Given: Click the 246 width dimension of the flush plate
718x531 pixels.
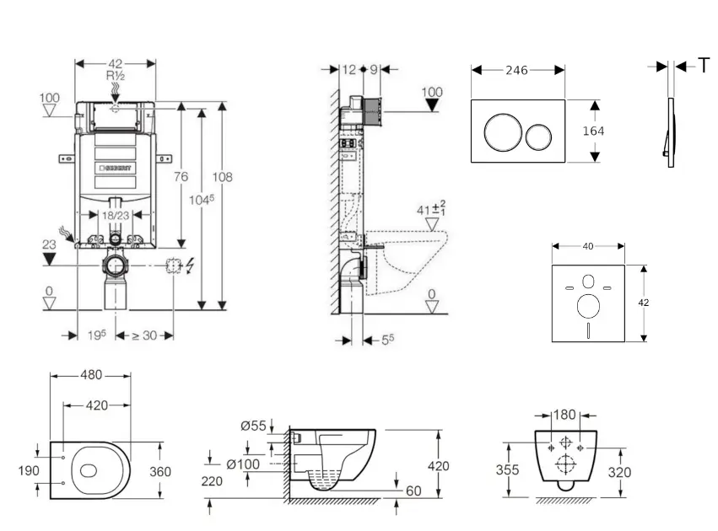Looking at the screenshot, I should [x=516, y=71].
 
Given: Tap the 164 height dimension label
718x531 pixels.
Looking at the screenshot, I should [x=593, y=131].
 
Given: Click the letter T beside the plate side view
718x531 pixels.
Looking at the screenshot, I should [x=704, y=66].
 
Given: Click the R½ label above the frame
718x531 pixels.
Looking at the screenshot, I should [x=116, y=76].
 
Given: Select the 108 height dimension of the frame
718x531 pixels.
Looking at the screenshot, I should [x=222, y=177].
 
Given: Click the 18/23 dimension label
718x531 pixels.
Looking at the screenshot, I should [x=116, y=216].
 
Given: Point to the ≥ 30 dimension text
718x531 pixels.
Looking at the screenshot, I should [x=145, y=335].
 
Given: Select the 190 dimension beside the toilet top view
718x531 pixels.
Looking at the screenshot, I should [x=29, y=470].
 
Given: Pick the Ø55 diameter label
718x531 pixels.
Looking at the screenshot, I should [x=253, y=426].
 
